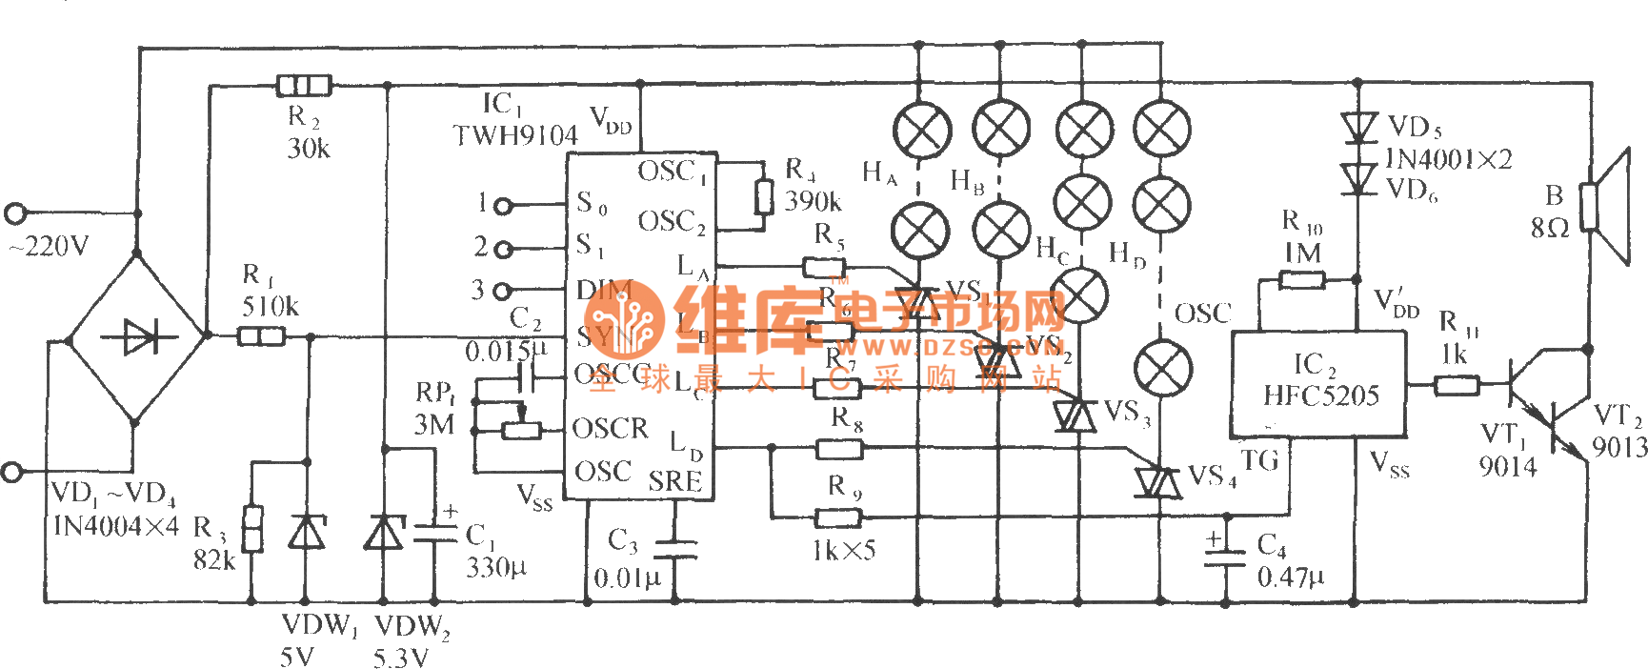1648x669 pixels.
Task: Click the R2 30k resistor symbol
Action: click(x=304, y=86)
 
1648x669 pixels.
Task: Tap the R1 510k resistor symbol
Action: click(x=260, y=335)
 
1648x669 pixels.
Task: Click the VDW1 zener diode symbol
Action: click(x=306, y=531)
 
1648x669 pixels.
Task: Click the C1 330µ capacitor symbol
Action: click(x=436, y=534)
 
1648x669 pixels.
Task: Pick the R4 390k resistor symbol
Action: click(x=763, y=196)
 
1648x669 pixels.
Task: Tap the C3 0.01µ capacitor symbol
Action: click(x=675, y=549)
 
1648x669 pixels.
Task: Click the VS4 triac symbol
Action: click(x=1158, y=482)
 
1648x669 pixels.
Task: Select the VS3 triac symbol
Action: click(x=1075, y=416)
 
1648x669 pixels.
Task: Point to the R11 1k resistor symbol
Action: click(x=1457, y=385)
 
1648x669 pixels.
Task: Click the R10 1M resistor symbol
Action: click(x=1301, y=280)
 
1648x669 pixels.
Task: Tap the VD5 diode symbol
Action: click(x=1358, y=128)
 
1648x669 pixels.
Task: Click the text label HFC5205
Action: click(x=1320, y=395)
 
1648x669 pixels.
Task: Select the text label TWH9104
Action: click(x=515, y=136)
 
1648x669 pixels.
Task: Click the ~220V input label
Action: click(x=50, y=247)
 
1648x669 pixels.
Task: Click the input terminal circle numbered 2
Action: click(x=504, y=249)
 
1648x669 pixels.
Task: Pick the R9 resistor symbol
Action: click(x=838, y=517)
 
